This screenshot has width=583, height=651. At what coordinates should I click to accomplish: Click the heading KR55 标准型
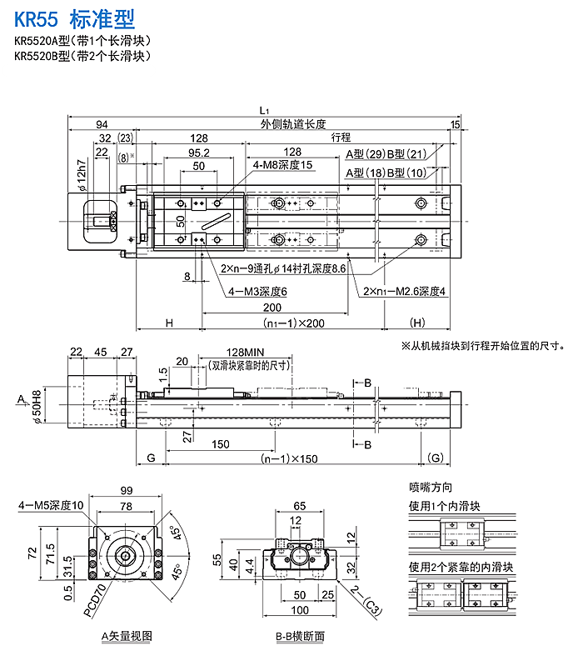(x=74, y=18)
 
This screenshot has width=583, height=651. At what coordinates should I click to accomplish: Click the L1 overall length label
(x=263, y=110)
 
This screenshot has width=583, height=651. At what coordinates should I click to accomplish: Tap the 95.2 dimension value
(x=198, y=153)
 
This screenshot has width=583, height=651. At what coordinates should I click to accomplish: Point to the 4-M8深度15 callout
(x=283, y=165)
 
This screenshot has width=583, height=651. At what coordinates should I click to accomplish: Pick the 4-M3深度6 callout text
(x=257, y=292)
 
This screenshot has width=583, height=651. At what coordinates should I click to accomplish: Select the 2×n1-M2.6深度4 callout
(x=405, y=291)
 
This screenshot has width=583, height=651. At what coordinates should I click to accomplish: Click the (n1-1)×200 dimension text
(x=293, y=323)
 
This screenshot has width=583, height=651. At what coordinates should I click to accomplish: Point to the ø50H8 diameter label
(x=37, y=406)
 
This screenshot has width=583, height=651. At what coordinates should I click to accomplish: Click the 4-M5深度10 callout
(x=52, y=505)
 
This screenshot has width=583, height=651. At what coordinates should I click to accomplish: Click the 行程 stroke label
(x=341, y=138)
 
